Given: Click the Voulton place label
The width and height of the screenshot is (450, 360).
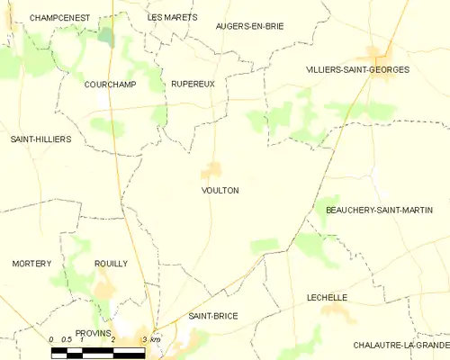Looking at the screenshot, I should [x=220, y=191].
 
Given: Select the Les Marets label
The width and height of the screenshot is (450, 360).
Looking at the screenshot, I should [x=172, y=17].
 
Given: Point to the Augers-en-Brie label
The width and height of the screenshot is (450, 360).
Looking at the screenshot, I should [x=249, y=26].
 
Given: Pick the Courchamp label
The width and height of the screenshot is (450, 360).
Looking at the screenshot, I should [x=109, y=84].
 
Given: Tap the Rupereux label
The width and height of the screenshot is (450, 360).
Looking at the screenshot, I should [x=193, y=84].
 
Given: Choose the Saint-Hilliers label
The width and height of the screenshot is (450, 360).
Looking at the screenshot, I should [x=40, y=139].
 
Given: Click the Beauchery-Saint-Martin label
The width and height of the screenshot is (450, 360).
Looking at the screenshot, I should [x=378, y=210].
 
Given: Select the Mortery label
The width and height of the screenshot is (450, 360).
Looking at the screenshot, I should [x=31, y=264].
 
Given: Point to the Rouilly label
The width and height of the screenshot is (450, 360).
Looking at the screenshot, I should [x=111, y=264].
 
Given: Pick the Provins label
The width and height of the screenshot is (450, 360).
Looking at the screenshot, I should [x=93, y=332].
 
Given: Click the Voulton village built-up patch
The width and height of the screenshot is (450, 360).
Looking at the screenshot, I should [x=212, y=169].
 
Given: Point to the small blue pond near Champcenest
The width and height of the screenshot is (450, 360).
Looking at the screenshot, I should [x=107, y=36].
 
